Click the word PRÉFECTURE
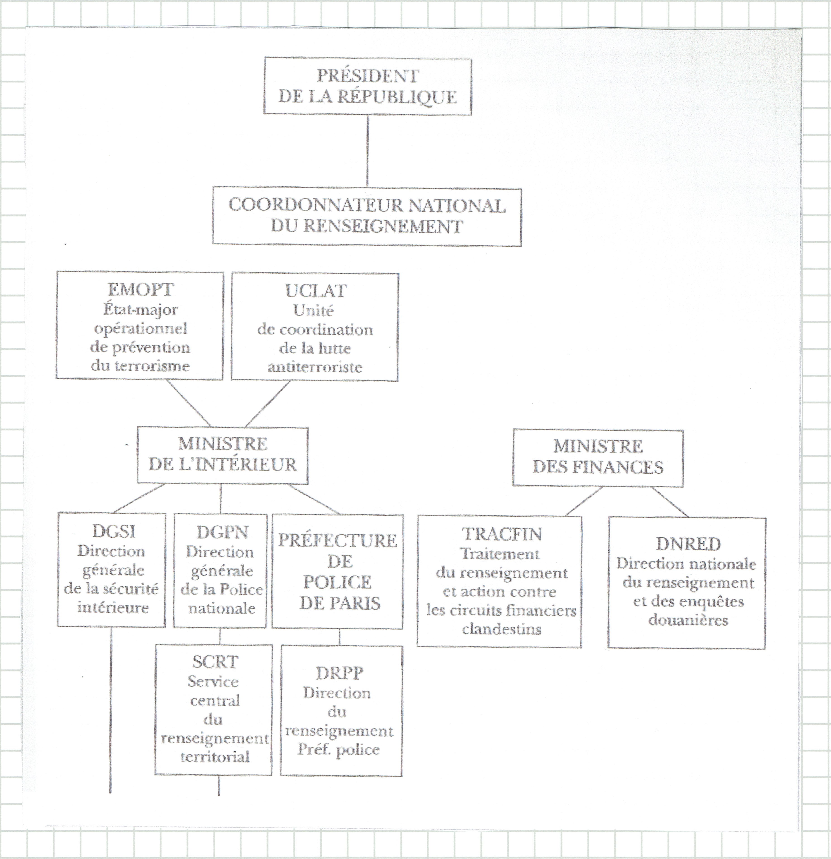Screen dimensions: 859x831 (x=338, y=540)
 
